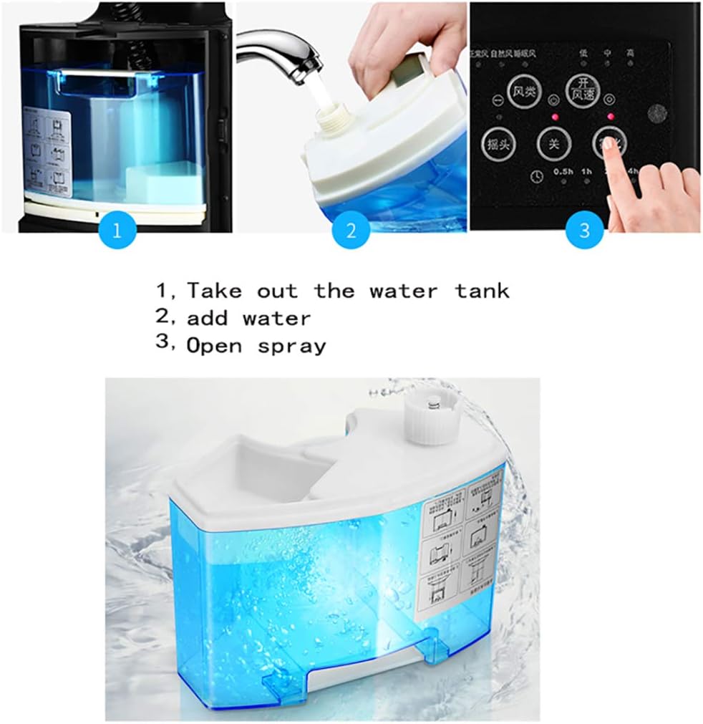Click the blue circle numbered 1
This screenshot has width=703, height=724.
tap(117, 231)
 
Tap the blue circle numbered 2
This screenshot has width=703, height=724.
tap(351, 231)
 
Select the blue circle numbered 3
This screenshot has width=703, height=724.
tap(585, 231)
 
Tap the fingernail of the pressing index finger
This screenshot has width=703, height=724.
tap(609, 145)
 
